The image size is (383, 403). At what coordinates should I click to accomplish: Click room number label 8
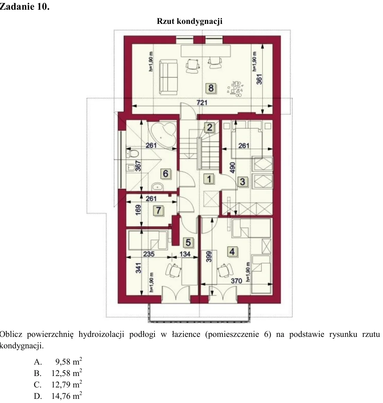pyautogui.click(x=211, y=88)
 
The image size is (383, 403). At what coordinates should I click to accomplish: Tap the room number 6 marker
pyautogui.click(x=166, y=174)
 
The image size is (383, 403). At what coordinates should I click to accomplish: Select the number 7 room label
pyautogui.click(x=158, y=211)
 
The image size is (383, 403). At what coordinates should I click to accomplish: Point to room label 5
pyautogui.click(x=188, y=242)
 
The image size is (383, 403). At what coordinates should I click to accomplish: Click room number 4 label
pyautogui.click(x=232, y=251)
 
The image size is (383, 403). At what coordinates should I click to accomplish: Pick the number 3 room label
pyautogui.click(x=242, y=182)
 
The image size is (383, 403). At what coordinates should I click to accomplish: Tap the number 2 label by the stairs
pyautogui.click(x=210, y=127)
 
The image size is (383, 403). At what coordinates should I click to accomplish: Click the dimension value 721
pyautogui.click(x=202, y=102)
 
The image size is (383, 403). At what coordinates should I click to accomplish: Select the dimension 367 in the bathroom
pyautogui.click(x=138, y=166)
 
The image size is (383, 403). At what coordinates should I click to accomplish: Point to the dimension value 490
pyautogui.click(x=232, y=168)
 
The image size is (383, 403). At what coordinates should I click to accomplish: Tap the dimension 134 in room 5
pyautogui.click(x=185, y=254)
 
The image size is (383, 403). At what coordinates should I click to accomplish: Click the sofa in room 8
pyautogui.click(x=168, y=77)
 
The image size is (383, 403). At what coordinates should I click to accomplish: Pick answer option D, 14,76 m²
pyautogui.click(x=58, y=396)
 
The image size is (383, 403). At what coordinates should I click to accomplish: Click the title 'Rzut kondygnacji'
pyautogui.click(x=190, y=21)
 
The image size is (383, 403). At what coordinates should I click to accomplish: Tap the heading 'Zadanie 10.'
pyautogui.click(x=25, y=7)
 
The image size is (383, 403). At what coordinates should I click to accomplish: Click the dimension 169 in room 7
pyautogui.click(x=138, y=210)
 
